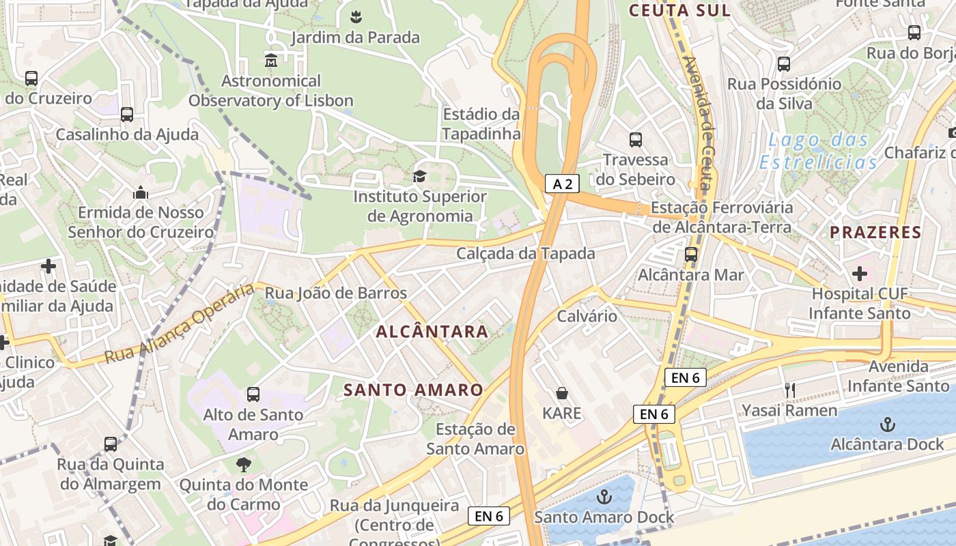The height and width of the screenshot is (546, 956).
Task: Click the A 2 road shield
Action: point(562,183)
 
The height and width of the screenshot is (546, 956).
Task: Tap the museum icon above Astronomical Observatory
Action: point(271,60)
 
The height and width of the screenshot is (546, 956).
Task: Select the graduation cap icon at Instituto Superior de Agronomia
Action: point(419,176)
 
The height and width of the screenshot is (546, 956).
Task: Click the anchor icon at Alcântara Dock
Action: point(887,425)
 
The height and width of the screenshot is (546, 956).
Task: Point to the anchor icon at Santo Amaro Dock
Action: point(604,497)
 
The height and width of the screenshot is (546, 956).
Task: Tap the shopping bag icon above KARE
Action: point(562,393)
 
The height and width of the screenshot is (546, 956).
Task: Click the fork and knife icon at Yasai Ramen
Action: point(790,390)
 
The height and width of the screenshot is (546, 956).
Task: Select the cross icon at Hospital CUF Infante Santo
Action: point(859,274)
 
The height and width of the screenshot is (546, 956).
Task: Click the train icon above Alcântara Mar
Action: point(691,255)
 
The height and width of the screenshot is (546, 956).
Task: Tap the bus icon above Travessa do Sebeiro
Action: point(636,140)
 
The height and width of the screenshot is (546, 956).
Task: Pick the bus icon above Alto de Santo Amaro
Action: point(253,394)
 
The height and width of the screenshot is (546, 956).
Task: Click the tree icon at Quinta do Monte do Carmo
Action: point(243,465)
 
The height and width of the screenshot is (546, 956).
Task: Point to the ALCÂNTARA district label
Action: point(432,332)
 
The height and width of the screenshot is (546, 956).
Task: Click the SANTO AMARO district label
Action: point(413,390)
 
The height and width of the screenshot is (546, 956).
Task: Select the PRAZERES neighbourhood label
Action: point(875,232)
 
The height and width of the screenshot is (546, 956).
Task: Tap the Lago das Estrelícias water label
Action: point(818,152)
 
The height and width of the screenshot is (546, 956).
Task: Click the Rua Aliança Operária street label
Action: point(179,324)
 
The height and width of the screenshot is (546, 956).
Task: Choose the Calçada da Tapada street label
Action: point(526,253)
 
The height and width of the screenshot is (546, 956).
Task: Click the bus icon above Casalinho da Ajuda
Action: point(127,115)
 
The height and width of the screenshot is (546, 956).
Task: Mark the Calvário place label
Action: point(587,316)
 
